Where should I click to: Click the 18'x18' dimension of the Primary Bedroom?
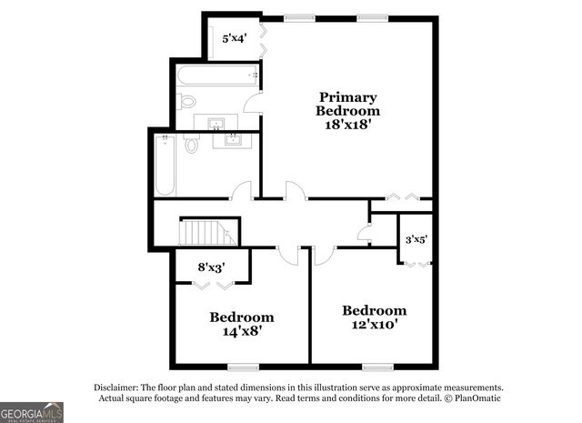coord(347,126)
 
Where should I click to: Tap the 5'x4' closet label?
coord(235,38)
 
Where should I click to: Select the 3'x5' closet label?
coord(416,239)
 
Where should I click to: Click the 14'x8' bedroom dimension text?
coord(241,333)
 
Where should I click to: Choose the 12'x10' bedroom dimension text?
coord(374,325)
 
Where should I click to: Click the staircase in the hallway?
coord(206,233)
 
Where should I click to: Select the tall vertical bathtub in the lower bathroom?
coord(166,164)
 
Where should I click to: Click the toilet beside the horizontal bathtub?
coord(187,100)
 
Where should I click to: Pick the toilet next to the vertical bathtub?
coord(191,144)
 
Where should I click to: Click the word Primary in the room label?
coord(347,96)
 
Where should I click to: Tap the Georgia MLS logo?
coord(32,412)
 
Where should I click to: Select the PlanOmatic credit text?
coord(472,398)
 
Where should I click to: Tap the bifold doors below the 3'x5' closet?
coord(416,263)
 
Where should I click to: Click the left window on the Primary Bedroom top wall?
coord(297,16)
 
